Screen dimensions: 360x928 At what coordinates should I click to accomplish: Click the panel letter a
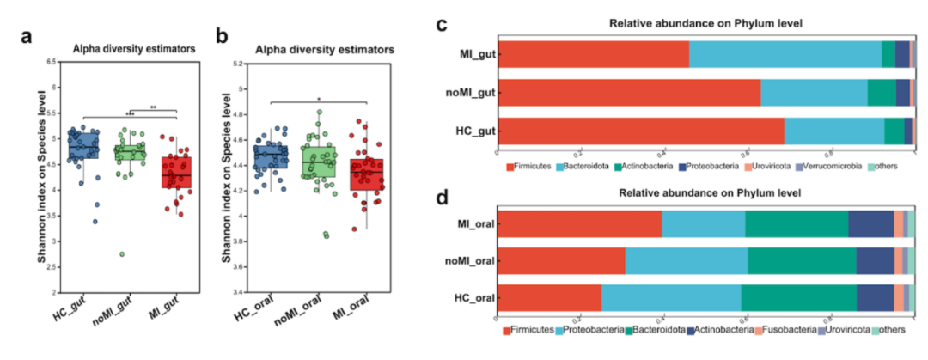point(28,36)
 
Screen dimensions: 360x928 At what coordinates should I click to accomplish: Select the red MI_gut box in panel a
point(176,172)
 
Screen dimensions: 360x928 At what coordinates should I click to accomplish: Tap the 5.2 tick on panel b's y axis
point(233,63)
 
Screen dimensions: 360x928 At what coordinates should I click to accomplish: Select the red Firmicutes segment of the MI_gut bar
point(594,54)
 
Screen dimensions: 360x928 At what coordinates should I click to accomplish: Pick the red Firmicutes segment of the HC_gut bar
point(641,131)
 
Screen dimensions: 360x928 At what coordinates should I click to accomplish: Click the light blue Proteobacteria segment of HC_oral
point(670,297)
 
